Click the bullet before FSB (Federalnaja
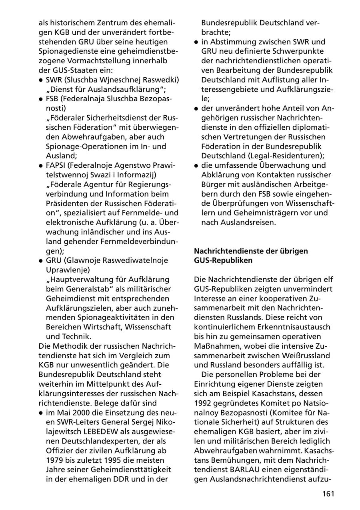pos(41,99)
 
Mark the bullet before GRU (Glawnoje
pos(41,261)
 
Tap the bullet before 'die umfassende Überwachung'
pos(196,165)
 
